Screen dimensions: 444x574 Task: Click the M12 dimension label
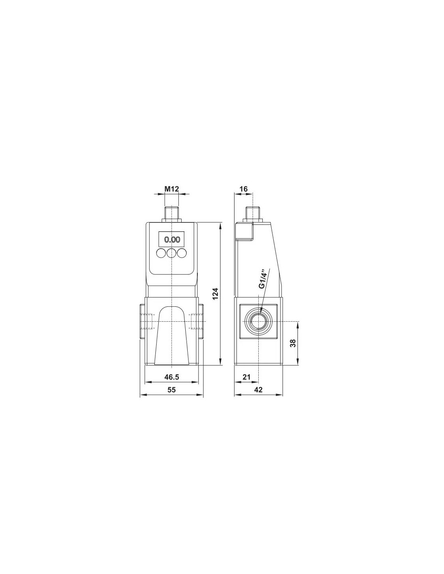(172, 189)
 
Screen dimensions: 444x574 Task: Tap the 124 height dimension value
(216, 293)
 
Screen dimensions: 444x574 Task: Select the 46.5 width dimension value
(172, 377)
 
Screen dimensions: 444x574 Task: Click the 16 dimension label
(244, 189)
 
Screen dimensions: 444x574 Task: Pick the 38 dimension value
(293, 343)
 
